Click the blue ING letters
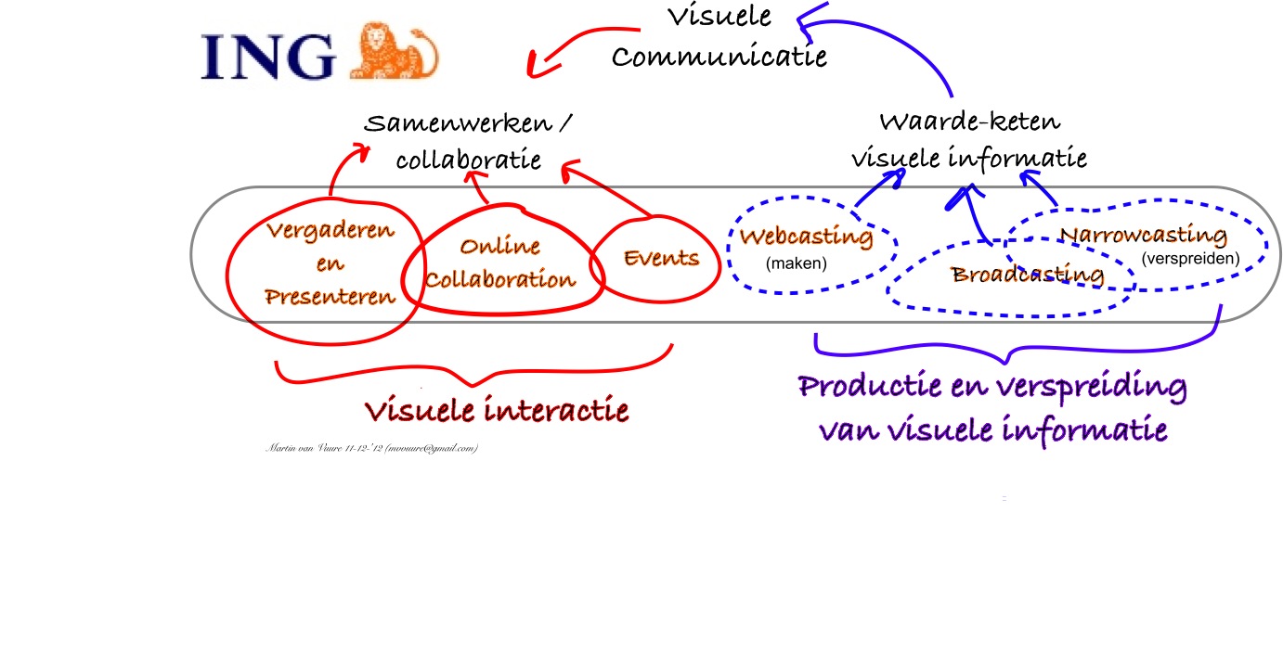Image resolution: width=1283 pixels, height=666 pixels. tap(269, 57)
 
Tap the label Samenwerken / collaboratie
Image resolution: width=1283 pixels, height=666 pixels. tap(469, 141)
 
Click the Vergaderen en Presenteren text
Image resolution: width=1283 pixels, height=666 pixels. tap(330, 263)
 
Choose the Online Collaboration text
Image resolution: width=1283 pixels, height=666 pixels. tap(501, 263)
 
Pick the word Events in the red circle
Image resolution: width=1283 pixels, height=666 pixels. tap(661, 258)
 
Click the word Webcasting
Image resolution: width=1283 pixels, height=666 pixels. tap(806, 237)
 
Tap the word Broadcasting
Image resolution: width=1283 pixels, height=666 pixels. tap(1028, 275)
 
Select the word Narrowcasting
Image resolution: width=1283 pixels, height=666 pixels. tap(1144, 235)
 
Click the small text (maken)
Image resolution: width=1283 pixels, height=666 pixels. tap(796, 264)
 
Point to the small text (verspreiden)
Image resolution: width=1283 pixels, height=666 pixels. tap(1190, 259)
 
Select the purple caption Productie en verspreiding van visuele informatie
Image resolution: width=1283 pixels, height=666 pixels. tap(991, 408)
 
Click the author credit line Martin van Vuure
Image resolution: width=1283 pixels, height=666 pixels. tap(371, 449)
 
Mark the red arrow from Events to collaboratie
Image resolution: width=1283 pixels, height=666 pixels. tap(613, 192)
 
